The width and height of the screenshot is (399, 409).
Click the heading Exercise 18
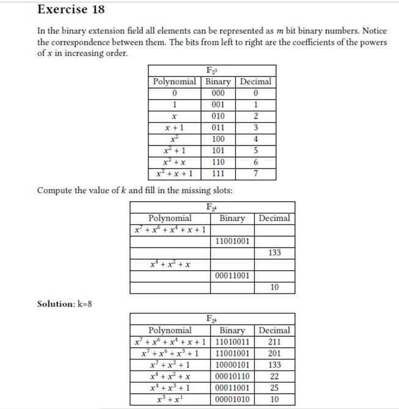[71, 9]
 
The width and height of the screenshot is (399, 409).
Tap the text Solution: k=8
[65, 304]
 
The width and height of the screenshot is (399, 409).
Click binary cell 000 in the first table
[218, 93]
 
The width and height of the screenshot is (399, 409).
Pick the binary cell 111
[218, 174]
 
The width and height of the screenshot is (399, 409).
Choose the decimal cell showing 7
[255, 174]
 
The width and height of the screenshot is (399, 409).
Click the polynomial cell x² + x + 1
[174, 174]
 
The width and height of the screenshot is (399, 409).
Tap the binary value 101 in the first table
[218, 150]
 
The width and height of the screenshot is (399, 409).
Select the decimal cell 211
[274, 342]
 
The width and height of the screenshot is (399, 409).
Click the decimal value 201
[274, 353]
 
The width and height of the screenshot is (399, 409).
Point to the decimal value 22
[274, 377]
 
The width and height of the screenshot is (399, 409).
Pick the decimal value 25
[274, 388]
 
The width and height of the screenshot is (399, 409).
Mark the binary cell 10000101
[232, 365]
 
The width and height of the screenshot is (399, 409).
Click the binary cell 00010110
[232, 377]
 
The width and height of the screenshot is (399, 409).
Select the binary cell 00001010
[232, 400]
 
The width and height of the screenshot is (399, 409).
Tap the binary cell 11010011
[232, 342]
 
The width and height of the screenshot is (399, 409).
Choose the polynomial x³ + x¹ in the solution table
[170, 400]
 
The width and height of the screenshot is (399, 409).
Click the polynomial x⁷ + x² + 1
[170, 365]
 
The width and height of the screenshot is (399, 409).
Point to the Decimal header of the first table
[255, 81]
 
